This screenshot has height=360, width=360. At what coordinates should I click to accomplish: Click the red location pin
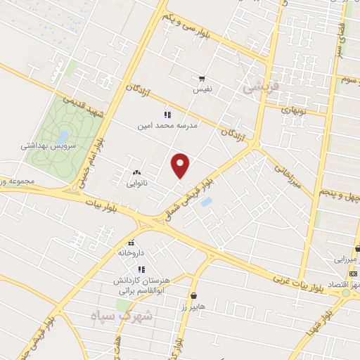click(x=181, y=165)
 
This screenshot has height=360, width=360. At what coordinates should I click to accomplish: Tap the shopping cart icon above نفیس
click(x=202, y=79)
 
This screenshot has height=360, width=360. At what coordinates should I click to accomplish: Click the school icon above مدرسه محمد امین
click(x=167, y=114)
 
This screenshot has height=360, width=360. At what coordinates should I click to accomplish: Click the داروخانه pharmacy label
click(x=131, y=252)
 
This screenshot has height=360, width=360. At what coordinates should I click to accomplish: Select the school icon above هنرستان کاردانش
click(x=141, y=269)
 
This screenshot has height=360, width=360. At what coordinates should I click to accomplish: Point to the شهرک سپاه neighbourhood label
click(x=119, y=318)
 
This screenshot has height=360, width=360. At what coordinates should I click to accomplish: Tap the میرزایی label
click(x=344, y=259)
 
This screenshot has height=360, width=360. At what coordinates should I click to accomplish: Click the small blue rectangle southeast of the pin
click(x=207, y=202)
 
